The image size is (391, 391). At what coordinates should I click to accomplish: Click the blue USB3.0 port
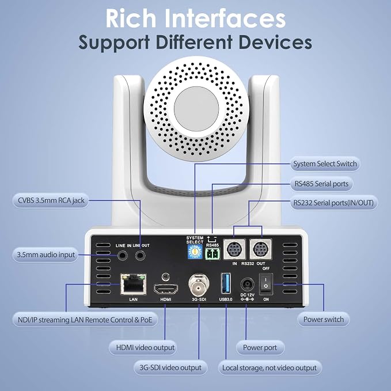226,283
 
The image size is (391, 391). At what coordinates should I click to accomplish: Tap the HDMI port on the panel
166,289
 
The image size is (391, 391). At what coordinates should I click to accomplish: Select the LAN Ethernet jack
134,284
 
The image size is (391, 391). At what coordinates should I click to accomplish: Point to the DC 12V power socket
248,284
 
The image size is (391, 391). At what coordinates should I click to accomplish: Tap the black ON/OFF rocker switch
266,283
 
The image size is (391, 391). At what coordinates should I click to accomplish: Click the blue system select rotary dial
195,252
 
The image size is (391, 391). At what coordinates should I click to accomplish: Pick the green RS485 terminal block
212,254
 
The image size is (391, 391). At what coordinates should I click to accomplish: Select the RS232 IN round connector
234,249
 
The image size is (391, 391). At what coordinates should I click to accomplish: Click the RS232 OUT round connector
261,249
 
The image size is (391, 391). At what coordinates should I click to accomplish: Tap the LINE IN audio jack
123,256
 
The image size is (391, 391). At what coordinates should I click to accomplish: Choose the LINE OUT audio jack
140,256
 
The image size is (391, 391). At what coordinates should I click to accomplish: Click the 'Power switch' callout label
324,320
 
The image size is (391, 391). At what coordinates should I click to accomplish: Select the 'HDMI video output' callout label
143,348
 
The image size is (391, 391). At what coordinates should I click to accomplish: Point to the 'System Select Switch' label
325,164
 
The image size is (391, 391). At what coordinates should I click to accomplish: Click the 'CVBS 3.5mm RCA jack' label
51,200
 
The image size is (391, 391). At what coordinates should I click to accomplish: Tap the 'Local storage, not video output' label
270,368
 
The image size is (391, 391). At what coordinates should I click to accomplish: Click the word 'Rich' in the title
131,18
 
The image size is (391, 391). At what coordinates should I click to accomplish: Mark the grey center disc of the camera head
196,109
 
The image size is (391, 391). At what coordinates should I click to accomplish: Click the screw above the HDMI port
166,276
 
